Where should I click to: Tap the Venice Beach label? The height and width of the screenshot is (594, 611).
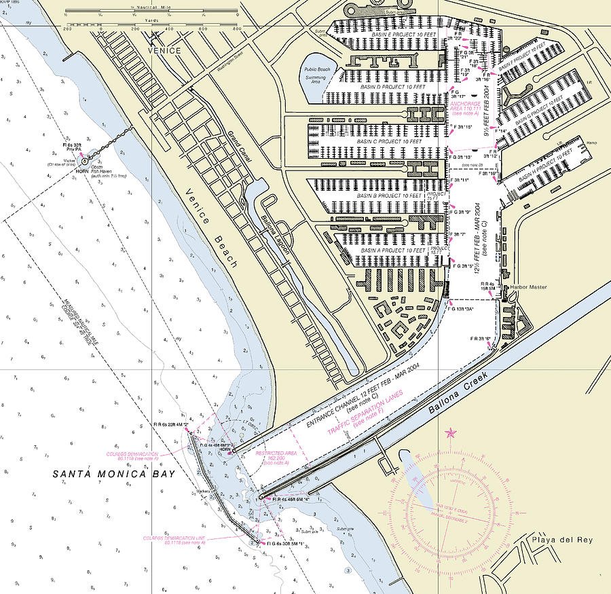point(212,226)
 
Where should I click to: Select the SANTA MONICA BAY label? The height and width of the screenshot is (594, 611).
point(114,475)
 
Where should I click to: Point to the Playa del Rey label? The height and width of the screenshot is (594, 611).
point(562,540)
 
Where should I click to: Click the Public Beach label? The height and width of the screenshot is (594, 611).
point(316,69)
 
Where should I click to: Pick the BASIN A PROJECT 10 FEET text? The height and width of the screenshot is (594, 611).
point(393,250)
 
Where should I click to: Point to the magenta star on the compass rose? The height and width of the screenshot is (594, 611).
point(449,433)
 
